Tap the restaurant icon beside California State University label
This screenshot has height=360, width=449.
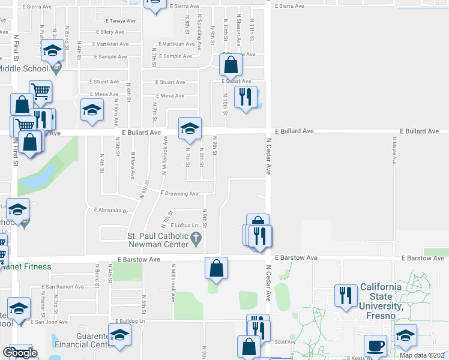click(x=345, y=295)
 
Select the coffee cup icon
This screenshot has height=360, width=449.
click(x=376, y=346)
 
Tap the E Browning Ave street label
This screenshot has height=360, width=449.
click(x=179, y=194)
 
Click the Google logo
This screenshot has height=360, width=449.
click(x=20, y=353)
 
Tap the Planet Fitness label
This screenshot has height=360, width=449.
click(x=26, y=266)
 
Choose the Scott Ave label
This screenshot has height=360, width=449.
click(x=286, y=342)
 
